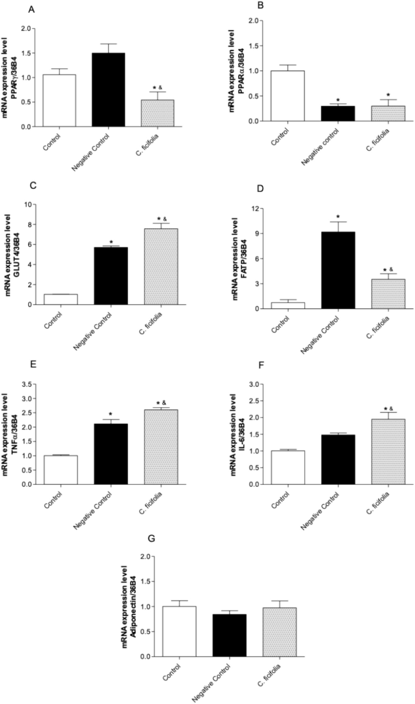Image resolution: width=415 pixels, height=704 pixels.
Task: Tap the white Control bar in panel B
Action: point(288,96)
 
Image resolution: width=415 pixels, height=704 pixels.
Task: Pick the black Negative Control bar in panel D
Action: point(338,270)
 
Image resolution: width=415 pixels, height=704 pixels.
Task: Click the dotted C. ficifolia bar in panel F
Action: point(388,451)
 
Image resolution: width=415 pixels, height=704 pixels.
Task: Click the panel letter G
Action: point(151,538)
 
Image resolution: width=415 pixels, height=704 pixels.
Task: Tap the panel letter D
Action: point(260,189)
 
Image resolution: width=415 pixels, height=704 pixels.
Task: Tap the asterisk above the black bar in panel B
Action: point(338,100)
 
